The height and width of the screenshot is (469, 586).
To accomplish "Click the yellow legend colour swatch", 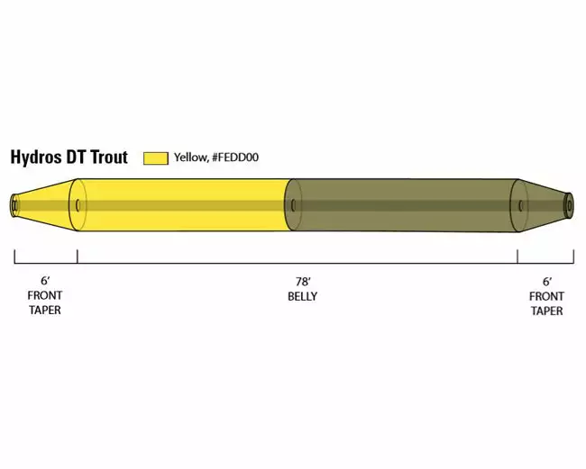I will tap(156, 158).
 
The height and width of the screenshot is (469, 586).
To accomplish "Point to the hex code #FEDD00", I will tap(235, 158).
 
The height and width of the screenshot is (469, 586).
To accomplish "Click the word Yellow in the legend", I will tap(190, 158).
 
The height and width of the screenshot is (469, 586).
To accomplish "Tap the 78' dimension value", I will tap(303, 282).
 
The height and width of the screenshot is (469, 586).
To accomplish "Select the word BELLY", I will tap(303, 296).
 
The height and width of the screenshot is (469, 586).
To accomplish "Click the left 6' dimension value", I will tap(45, 282).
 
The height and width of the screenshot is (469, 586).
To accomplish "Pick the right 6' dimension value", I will tap(546, 282).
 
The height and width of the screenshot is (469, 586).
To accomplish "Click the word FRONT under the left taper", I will tap(45, 296).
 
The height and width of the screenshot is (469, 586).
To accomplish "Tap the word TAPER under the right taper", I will tap(546, 311).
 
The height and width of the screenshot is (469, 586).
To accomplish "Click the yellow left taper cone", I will tap(45, 205).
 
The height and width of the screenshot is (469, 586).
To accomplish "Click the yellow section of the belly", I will tap(180, 205).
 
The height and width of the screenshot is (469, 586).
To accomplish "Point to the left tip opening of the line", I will tap(14, 205).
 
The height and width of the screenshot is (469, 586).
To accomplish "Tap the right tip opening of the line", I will tap(569, 205).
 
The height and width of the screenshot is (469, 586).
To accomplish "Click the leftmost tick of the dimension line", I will tap(14, 257).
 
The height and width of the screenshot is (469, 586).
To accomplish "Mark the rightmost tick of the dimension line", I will tap(573, 257).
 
